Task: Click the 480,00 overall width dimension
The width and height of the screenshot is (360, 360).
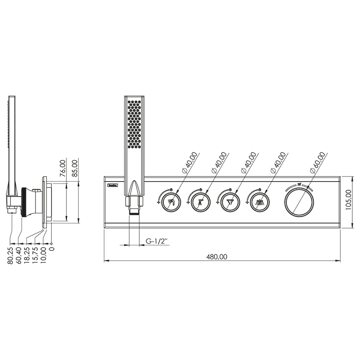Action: pyautogui.click(x=217, y=256)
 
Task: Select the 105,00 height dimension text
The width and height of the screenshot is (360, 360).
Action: pyautogui.click(x=349, y=200)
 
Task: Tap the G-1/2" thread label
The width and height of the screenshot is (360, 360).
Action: pyautogui.click(x=157, y=241)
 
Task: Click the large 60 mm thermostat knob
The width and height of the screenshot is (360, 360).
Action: pyautogui.click(x=299, y=202)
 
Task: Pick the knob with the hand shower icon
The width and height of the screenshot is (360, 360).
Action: pyautogui.click(x=171, y=202)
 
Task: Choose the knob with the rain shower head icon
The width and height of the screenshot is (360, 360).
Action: pyautogui.click(x=260, y=202)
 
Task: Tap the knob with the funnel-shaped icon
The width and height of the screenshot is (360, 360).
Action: pyautogui.click(x=230, y=202)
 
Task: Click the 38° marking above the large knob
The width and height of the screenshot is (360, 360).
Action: pyautogui.click(x=299, y=184)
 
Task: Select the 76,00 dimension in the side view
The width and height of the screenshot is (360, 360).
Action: pyautogui.click(x=63, y=168)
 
